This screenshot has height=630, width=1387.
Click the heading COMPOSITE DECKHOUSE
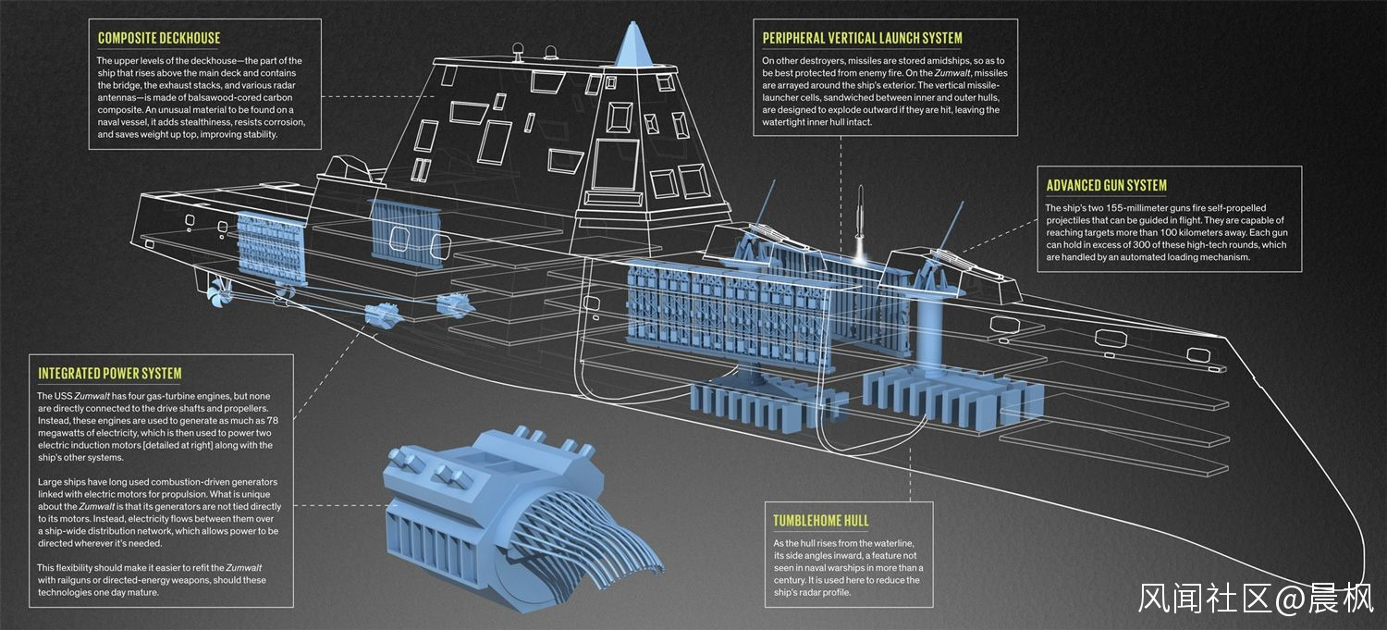point(159,39)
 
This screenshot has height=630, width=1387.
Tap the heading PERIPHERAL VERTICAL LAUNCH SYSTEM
point(862,39)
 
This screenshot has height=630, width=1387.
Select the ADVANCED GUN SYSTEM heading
point(1107,185)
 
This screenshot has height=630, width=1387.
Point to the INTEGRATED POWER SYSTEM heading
point(110,374)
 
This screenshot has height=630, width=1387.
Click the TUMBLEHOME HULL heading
point(820,521)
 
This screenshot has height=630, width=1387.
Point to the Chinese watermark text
point(1256,599)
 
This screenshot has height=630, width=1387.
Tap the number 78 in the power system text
point(272,421)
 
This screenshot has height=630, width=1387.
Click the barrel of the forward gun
point(949,224)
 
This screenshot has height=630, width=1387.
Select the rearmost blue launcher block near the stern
point(271,249)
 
